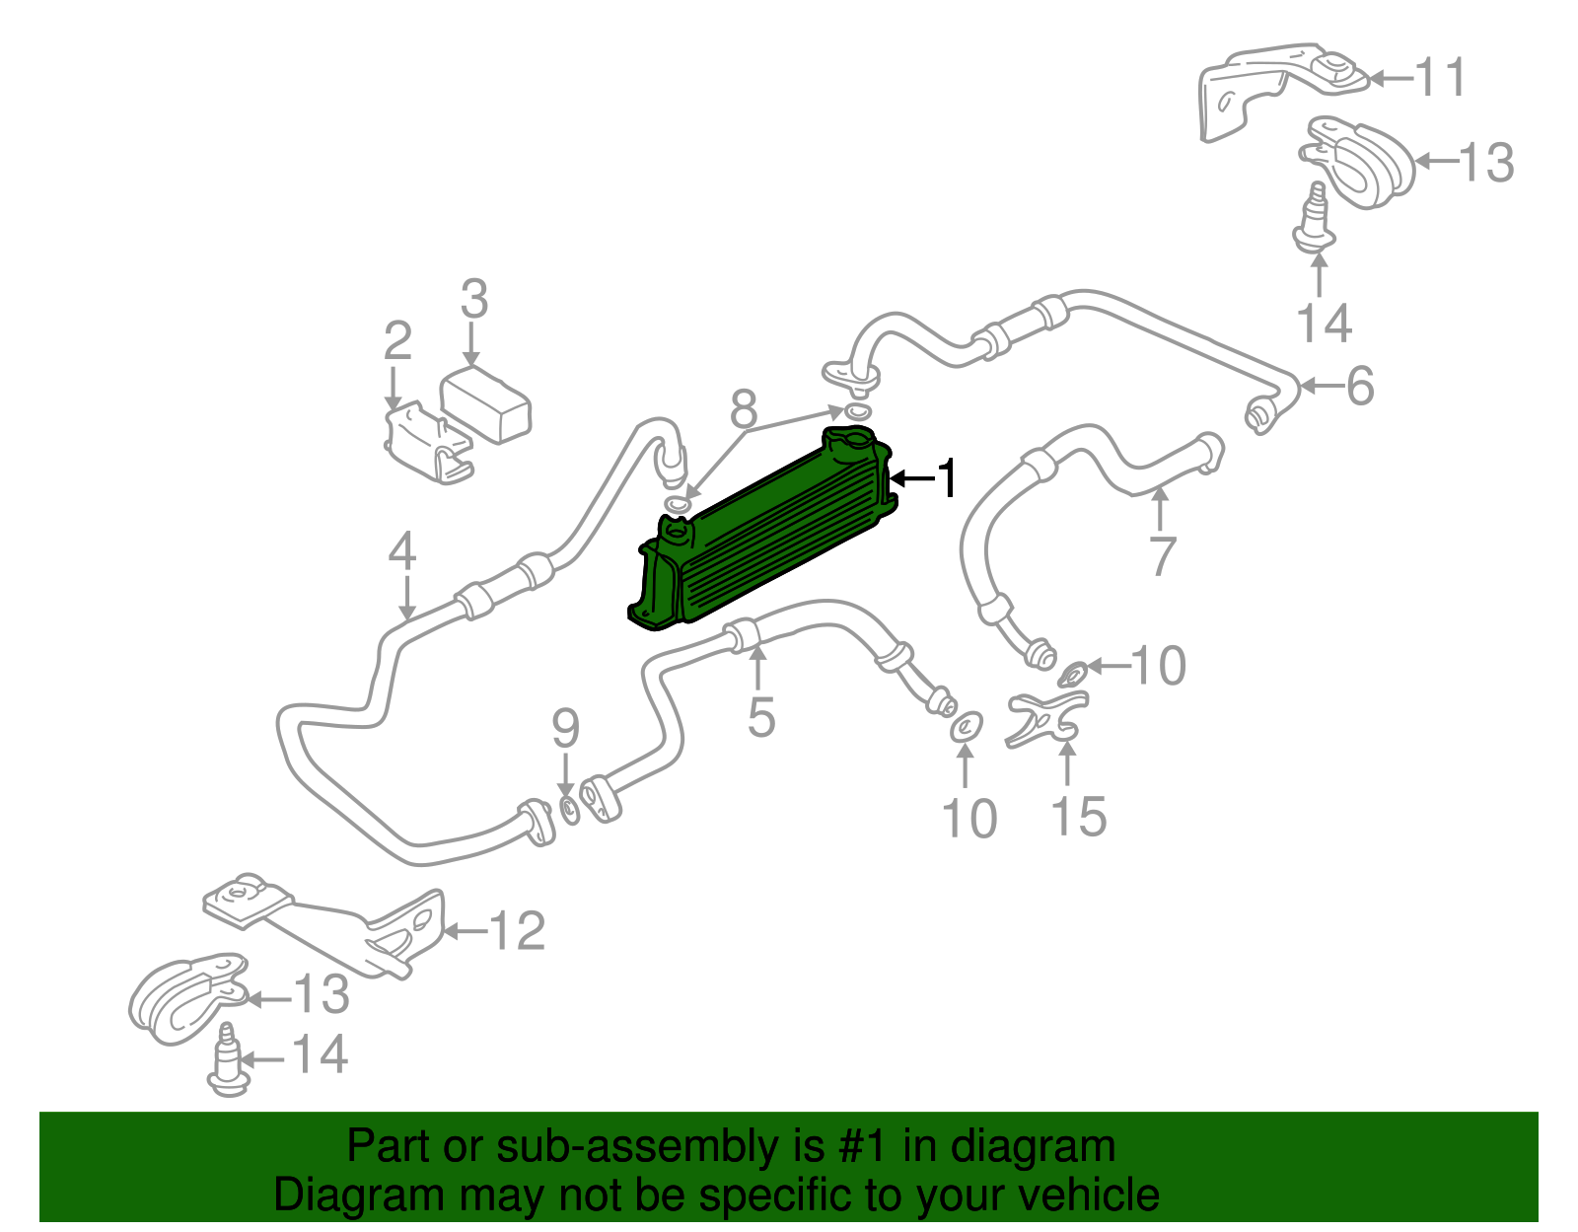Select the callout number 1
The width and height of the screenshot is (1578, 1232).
(946, 478)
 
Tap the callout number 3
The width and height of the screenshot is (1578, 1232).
(474, 298)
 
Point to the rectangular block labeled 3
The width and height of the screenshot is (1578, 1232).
(485, 405)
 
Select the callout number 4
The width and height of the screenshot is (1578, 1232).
(402, 550)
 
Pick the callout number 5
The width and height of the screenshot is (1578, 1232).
(761, 717)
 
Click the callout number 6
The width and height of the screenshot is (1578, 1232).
(1360, 386)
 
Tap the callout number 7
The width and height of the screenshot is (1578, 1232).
(1162, 557)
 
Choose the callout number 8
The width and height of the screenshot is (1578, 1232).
(744, 409)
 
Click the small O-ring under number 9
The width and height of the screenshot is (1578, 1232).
(570, 810)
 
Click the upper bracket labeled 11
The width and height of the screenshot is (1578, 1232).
(1282, 90)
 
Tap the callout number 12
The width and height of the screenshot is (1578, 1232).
(517, 931)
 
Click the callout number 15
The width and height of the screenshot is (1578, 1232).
(1078, 818)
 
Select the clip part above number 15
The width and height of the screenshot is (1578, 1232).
(1046, 719)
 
